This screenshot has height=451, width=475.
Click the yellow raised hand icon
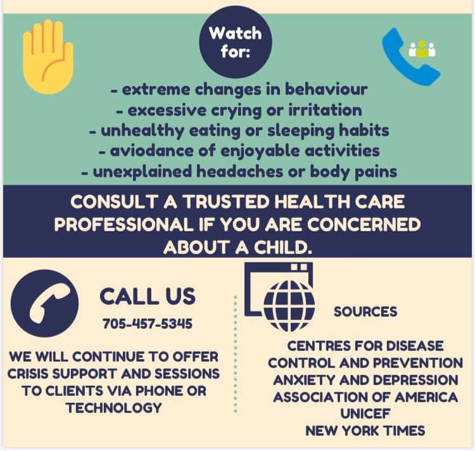pos(48,57)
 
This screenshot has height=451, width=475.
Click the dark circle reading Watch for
pos(236,42)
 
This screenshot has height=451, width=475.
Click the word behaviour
pos(326,89)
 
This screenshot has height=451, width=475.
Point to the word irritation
pos(325,110)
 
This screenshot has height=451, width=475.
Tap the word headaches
pos(240,172)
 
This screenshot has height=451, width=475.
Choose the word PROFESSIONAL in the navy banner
pos(123,225)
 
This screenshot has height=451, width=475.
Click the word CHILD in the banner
pos(282,248)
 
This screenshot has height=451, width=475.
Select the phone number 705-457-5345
pos(147,324)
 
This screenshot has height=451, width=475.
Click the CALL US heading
pos(148,296)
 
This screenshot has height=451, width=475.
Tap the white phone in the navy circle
pos(49,303)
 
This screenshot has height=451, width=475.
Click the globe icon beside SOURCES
pos(289,306)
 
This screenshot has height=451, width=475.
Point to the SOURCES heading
pos(365,312)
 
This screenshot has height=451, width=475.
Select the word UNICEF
pos(365,414)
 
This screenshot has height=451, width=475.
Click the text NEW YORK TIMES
pos(365,431)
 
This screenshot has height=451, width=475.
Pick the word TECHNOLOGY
pos(114,408)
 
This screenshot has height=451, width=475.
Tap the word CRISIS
pos(28,374)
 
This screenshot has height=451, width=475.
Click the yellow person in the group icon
pos(422,49)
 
